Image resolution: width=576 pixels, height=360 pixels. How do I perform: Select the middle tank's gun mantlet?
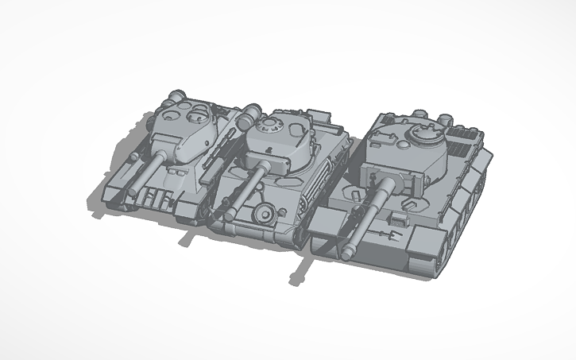point(262,164)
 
